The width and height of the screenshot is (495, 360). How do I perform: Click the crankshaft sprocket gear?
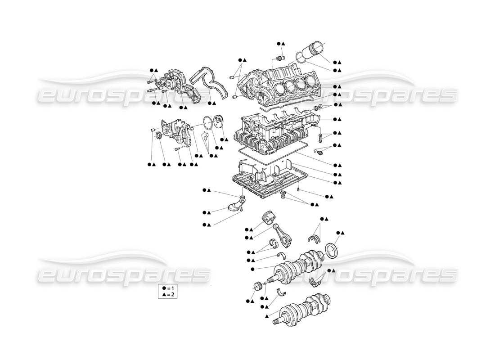pyautogui.click(x=258, y=287)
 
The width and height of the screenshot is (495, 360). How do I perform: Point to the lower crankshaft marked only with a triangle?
pyautogui.click(x=305, y=310)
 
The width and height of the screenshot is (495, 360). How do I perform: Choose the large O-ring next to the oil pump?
pyautogui.click(x=207, y=121)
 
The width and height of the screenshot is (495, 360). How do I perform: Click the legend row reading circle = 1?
pyautogui.click(x=166, y=288)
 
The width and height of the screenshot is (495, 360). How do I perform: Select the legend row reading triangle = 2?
pyautogui.click(x=166, y=294)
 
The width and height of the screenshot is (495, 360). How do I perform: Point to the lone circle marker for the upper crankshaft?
pyautogui.click(x=253, y=269)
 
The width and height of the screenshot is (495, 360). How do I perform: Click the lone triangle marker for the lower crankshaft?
pyautogui.click(x=267, y=317)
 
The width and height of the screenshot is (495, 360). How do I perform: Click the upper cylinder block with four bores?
pyautogui.click(x=283, y=83)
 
